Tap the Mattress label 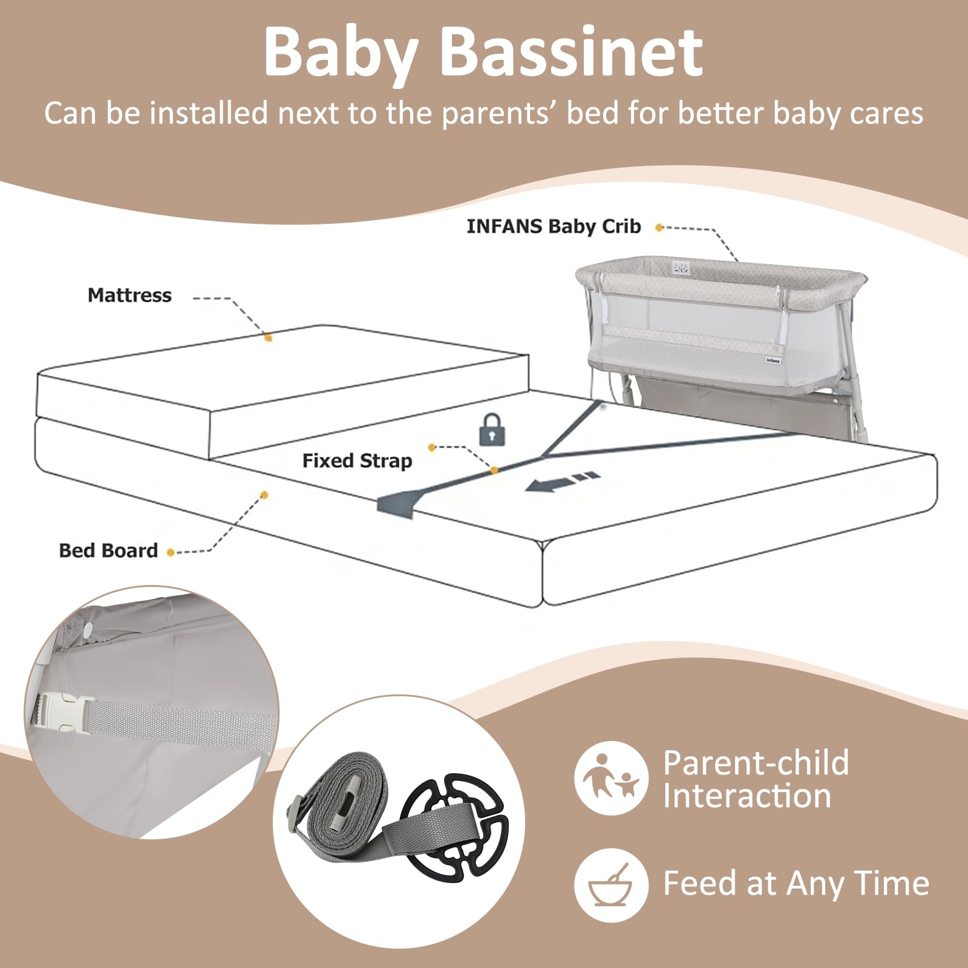(129, 295)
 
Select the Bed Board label (108, 551)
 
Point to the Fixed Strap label (357, 461)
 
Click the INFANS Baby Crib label (554, 227)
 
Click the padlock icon (492, 430)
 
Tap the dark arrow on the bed (562, 481)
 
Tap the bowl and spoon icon (611, 885)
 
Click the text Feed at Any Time (796, 883)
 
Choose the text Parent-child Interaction (756, 779)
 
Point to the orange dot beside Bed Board (171, 552)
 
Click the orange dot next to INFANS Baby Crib (659, 227)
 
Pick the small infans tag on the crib (773, 360)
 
